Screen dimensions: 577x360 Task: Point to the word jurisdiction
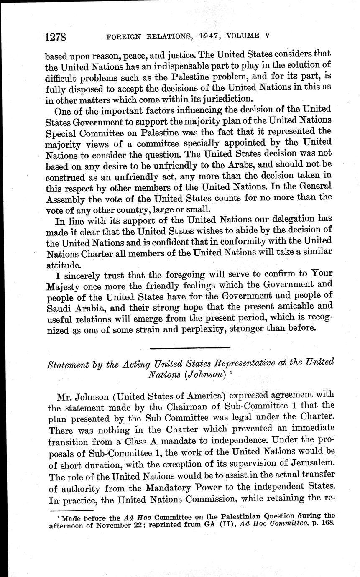point(226,99)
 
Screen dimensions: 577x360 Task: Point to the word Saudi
point(57,308)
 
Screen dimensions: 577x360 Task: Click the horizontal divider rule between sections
point(189,348)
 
